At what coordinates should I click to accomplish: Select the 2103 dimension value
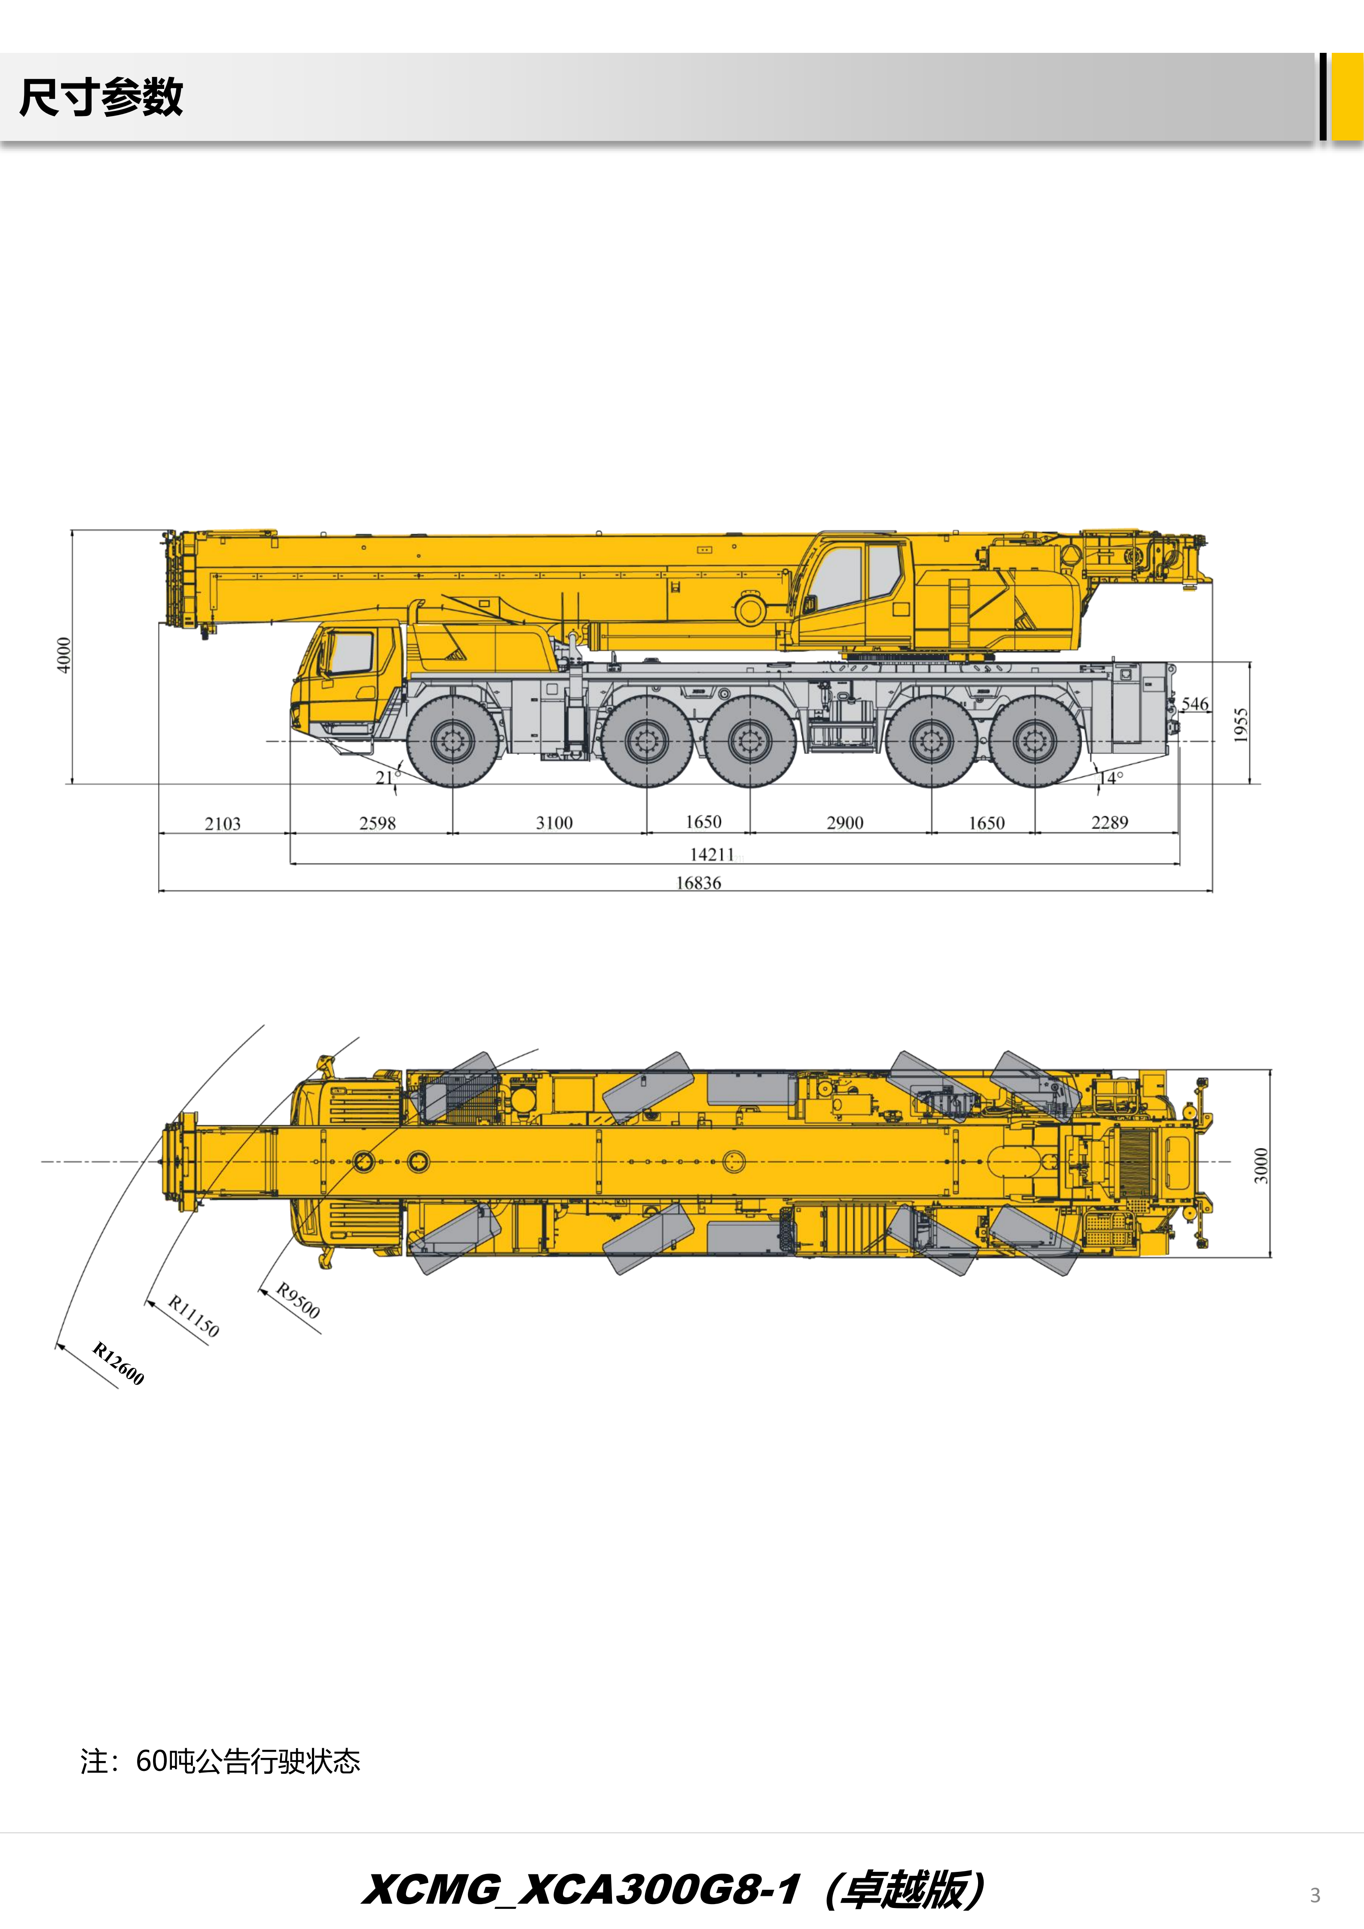[x=223, y=823]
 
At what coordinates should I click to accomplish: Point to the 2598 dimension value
[x=377, y=823]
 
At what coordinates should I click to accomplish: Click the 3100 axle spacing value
[x=555, y=823]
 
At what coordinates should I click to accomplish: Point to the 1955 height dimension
[x=1241, y=725]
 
